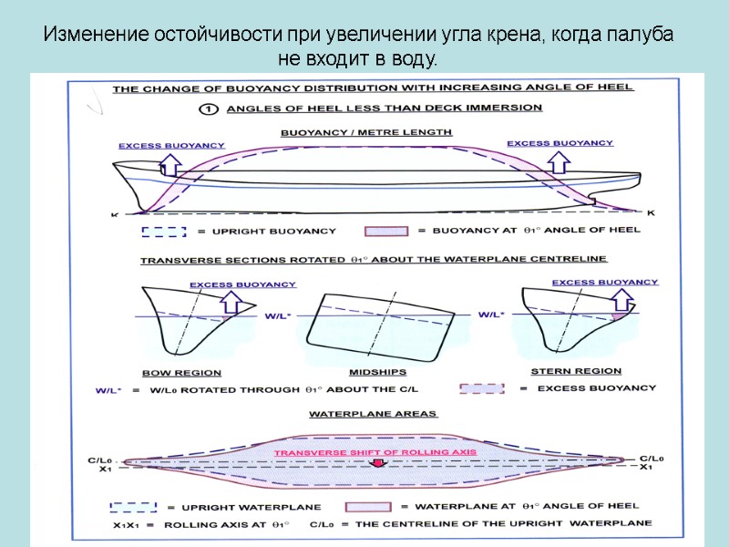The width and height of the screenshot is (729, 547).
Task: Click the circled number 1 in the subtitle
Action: pyautogui.click(x=209, y=108)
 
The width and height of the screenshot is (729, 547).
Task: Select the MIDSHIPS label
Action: pyautogui.click(x=377, y=373)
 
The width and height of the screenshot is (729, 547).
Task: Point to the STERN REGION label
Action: pyautogui.click(x=576, y=372)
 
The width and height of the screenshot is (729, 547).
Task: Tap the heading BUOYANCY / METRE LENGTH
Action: pyautogui.click(x=366, y=132)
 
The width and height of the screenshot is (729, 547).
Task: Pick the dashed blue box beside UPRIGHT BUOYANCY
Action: pyautogui.click(x=164, y=232)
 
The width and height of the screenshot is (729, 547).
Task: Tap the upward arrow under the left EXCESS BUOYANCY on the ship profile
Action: pyautogui.click(x=169, y=163)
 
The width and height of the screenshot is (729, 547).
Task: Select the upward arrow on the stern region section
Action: pyautogui.click(x=623, y=299)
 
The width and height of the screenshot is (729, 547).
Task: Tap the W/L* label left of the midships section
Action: pyautogui.click(x=277, y=315)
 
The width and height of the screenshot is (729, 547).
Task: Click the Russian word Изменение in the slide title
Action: pyautogui.click(x=86, y=37)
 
